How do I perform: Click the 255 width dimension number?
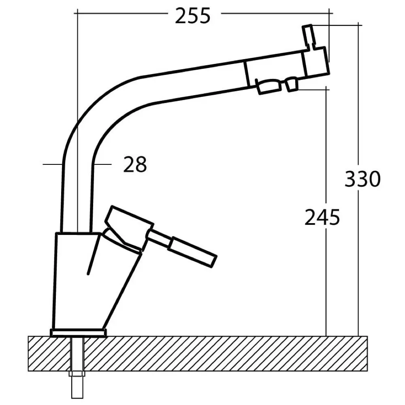coord(193,16)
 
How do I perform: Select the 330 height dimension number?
coord(362,179)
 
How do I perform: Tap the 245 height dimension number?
coord(322,218)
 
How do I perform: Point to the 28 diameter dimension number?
coord(135,165)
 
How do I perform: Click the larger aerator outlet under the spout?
coord(269,86)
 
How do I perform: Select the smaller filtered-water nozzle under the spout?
coord(292,85)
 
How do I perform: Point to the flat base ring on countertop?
coord(78,333)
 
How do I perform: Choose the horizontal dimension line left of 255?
coord(122,13)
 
